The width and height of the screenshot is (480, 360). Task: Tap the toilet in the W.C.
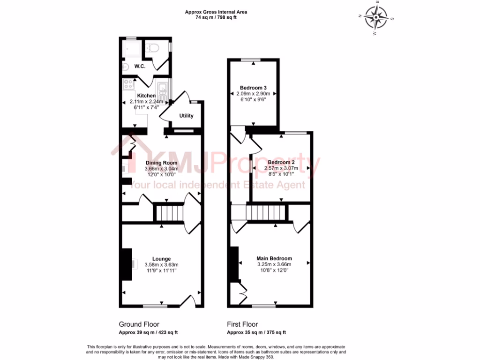point(152,47)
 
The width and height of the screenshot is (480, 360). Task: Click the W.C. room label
point(139,67)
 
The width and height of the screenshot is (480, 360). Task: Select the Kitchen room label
point(146,95)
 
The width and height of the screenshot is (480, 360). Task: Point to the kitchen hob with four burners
point(128,85)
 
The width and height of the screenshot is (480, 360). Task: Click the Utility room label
point(186,116)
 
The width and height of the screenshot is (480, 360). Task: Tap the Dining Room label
point(161,163)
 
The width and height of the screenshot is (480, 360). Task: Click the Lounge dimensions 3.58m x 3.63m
point(161,264)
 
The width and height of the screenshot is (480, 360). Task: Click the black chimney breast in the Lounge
point(127,264)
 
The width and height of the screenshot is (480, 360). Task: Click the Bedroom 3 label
point(253,88)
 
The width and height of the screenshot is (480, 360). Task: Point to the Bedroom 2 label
point(280,162)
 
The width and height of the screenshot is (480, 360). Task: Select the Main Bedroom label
point(274,258)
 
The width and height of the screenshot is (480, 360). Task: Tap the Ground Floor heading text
point(139,324)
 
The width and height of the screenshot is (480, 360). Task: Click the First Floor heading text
point(242,324)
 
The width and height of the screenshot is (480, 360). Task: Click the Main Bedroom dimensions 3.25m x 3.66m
point(274,264)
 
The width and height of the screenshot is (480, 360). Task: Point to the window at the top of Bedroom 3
point(253,59)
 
